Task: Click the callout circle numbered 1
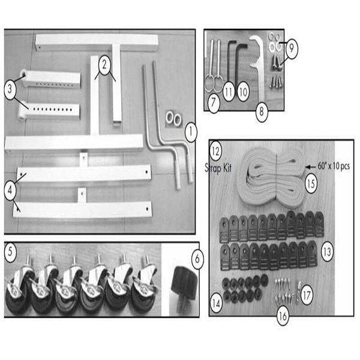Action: (190, 129)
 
